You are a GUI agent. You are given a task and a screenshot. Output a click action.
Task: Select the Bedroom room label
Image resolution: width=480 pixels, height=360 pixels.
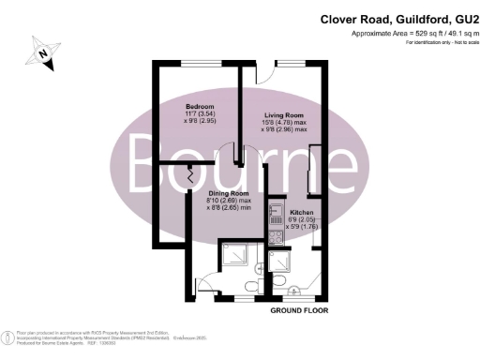point(199,106)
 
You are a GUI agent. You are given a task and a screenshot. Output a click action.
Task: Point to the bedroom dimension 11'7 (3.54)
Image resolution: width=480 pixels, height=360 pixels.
point(199,113)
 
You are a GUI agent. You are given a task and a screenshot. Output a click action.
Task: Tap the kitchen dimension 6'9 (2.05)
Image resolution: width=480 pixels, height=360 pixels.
point(303,219)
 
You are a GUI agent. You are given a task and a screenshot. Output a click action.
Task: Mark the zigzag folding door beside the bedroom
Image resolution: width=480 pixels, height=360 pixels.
point(190,174)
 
